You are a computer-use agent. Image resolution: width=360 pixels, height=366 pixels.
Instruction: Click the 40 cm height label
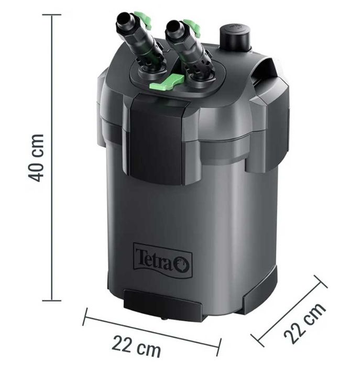(36, 158)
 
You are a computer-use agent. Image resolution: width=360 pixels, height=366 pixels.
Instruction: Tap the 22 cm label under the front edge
(136, 346)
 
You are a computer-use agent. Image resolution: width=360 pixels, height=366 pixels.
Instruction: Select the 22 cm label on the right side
(305, 323)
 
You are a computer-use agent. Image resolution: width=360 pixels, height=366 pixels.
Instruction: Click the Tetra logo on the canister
(163, 261)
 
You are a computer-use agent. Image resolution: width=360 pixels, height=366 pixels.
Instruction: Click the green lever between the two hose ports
(167, 82)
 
